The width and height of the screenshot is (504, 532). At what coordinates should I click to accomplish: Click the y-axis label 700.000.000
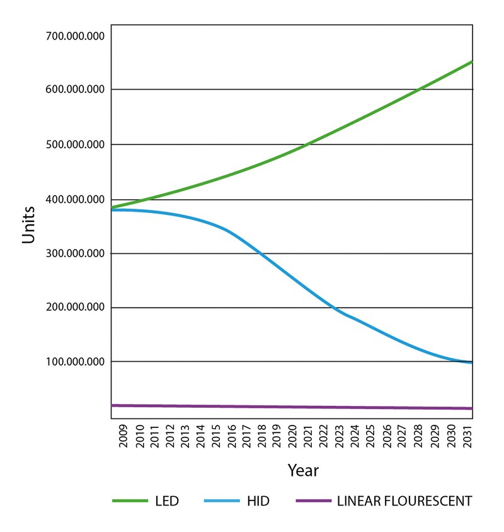(75, 35)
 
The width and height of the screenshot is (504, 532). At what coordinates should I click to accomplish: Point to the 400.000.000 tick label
(75, 199)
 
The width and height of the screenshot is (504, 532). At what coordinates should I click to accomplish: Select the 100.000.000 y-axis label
(75, 362)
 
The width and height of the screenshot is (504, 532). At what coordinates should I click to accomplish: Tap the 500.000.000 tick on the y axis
(75, 144)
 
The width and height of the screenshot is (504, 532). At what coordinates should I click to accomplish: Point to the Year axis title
(303, 470)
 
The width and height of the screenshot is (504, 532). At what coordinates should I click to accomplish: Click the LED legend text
(167, 502)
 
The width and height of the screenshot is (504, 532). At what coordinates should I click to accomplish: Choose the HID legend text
(258, 502)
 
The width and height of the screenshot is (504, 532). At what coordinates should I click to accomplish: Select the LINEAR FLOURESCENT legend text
(404, 502)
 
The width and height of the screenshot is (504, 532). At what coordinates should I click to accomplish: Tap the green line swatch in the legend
(130, 502)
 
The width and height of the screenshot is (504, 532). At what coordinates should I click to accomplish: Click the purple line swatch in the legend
(313, 502)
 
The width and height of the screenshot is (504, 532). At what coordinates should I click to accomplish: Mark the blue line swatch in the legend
(222, 502)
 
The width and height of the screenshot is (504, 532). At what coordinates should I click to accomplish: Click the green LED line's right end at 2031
(471, 62)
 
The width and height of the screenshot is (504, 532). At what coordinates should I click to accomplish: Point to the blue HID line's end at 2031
(471, 362)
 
